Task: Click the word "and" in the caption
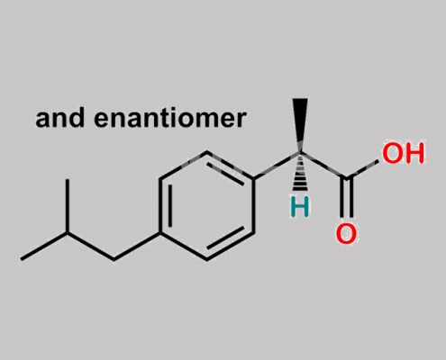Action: (x=59, y=118)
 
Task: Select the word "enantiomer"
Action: (x=170, y=118)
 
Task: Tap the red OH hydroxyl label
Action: (x=403, y=153)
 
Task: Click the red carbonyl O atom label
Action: (x=346, y=233)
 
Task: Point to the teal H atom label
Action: (x=300, y=206)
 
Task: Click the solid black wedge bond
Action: (x=300, y=124)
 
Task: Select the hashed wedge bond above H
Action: (x=300, y=172)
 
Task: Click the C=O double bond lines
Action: (x=346, y=198)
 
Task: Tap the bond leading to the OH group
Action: (x=362, y=170)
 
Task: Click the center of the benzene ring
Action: (x=207, y=206)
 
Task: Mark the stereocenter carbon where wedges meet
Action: (x=300, y=152)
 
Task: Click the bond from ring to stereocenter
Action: (x=277, y=166)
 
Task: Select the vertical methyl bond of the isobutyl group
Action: (x=68, y=206)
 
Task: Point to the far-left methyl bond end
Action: (x=21, y=259)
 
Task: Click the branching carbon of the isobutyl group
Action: (x=68, y=232)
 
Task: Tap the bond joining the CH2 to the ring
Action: (x=137, y=246)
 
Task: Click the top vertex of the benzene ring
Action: (x=207, y=152)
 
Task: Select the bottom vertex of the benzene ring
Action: (x=207, y=260)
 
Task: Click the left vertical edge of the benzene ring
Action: (x=160, y=206)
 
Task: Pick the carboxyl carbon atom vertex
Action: (x=346, y=179)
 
